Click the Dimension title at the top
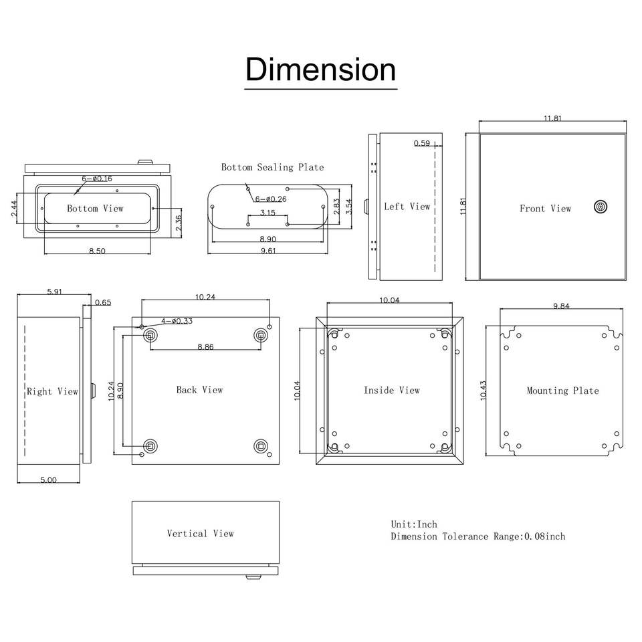point(320,70)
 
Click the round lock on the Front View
point(601,207)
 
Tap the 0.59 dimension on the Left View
point(422,143)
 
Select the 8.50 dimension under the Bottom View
point(97,251)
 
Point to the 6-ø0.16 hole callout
point(96,179)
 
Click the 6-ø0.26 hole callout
point(271,199)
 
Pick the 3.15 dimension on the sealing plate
point(267,213)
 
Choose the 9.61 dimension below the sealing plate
point(268,251)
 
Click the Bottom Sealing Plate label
point(272,167)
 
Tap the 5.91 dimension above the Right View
point(54,292)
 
